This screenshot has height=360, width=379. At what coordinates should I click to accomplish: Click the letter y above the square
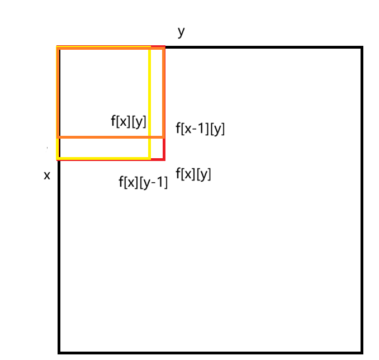point(181,32)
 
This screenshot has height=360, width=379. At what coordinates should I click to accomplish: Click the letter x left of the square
point(47,176)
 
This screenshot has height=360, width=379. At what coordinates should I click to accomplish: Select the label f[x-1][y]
point(200,129)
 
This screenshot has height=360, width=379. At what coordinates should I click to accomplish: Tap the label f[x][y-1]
point(143,182)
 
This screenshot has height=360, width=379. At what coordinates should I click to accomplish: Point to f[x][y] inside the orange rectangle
point(129,121)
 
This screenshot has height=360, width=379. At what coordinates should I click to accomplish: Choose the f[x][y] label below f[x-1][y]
point(193,174)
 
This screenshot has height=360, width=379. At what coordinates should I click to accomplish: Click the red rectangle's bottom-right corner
point(164,158)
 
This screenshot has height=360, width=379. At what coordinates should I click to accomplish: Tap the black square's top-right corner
point(362,48)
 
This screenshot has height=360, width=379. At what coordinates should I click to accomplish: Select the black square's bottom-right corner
point(362,352)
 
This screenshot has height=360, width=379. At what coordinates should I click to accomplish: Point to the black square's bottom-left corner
point(59,352)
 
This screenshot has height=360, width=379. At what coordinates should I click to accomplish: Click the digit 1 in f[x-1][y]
point(203,129)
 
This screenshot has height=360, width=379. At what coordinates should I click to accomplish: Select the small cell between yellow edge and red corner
point(157,148)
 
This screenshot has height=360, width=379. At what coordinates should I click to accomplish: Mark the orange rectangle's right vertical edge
point(163,92)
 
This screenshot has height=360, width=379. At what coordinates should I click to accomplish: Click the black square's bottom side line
point(210,352)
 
